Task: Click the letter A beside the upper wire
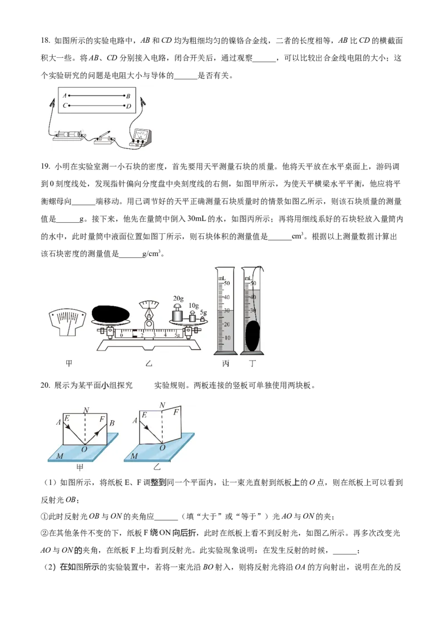(65, 96)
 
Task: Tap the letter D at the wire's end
(128, 106)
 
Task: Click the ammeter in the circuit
(140, 137)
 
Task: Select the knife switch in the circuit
(105, 138)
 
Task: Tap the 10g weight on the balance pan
(192, 317)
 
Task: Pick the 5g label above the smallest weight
(204, 312)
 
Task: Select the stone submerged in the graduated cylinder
(253, 335)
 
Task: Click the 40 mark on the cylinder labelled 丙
(227, 297)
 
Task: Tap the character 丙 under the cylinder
(225, 363)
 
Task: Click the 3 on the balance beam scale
(154, 336)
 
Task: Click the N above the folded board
(162, 406)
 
